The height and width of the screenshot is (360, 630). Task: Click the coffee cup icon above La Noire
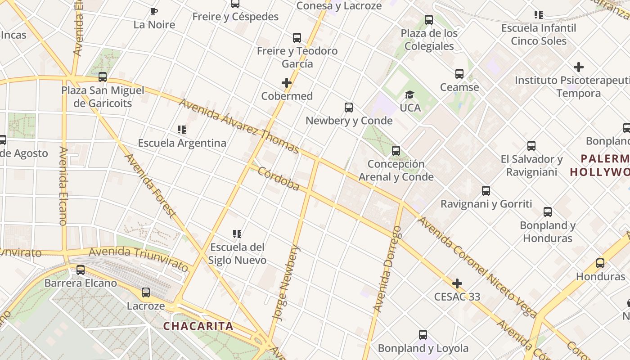154,11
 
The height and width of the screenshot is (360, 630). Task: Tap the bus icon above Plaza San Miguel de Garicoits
103,77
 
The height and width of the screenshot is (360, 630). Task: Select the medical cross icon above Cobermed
287,83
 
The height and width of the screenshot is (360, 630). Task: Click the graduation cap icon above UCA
409,94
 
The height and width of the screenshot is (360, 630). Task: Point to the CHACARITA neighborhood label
198,326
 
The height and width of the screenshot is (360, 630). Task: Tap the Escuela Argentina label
182,143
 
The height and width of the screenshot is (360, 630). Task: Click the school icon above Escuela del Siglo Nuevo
237,234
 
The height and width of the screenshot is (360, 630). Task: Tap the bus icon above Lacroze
146,292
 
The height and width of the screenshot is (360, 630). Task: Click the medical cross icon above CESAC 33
457,283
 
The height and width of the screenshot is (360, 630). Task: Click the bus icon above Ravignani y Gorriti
486,191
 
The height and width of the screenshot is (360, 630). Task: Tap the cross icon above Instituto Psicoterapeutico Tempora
579,67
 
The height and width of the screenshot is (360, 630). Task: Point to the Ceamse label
459,87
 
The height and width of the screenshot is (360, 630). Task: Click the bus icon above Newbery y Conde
349,108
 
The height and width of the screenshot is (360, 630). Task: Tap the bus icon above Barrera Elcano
81,270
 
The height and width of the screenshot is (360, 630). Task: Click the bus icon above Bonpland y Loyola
423,335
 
